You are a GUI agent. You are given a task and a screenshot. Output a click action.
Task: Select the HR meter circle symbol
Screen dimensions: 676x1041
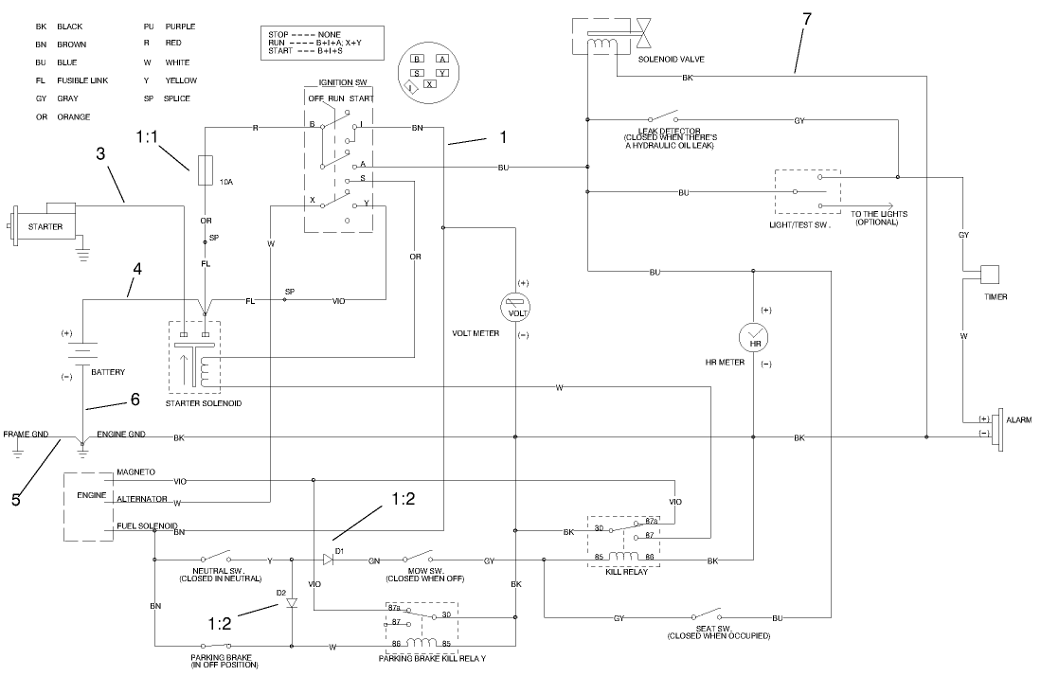[755, 338]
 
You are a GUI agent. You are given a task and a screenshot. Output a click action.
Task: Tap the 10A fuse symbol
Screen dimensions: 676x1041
[205, 171]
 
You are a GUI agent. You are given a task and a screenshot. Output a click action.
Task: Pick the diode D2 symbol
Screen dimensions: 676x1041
[292, 602]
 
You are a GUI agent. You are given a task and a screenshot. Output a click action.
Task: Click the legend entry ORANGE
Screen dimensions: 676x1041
[73, 116]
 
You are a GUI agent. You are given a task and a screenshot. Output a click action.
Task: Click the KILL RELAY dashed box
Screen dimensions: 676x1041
[623, 542]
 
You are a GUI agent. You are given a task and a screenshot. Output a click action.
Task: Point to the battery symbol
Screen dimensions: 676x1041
[82, 351]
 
